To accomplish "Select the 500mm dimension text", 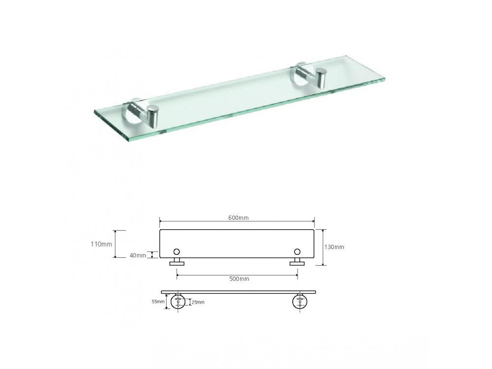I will point(239,279).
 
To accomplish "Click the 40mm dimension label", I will point(138,255).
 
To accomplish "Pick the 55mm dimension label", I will point(158,302).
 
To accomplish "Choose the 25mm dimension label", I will point(198,302).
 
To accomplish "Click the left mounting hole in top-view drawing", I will point(177,252).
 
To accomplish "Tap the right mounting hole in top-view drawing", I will point(297,252).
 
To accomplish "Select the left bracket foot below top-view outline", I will point(177,263).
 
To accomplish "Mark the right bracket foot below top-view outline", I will point(297,263).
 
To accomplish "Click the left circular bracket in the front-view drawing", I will point(178,301).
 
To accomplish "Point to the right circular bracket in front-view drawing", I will point(300,301).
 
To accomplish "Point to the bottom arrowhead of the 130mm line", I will point(323,264).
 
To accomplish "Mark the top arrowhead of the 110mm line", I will point(116,231).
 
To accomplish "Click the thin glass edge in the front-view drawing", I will point(239,292).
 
